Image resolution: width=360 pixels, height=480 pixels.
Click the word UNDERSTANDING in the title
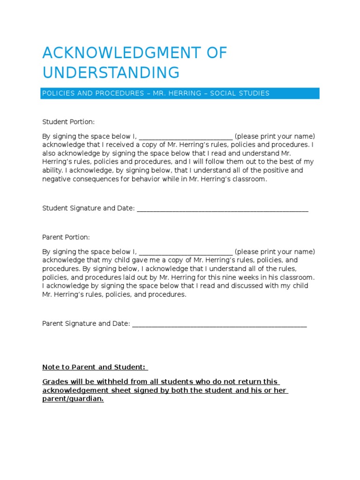click(111, 73)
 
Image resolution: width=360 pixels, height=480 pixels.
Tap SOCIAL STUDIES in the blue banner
click(240, 93)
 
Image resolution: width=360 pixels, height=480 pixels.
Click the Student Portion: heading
click(68, 122)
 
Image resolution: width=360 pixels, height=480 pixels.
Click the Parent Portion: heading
click(66, 237)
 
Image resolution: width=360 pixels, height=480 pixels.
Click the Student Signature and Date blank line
click(222, 209)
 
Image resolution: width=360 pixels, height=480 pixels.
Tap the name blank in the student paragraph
click(186, 136)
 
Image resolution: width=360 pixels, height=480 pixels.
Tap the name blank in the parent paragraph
click(186, 252)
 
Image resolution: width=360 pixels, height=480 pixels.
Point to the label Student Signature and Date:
click(89, 209)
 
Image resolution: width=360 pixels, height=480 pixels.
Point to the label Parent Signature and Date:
click(86, 324)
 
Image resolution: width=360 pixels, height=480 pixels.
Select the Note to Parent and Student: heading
click(94, 367)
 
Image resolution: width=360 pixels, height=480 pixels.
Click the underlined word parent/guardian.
click(73, 399)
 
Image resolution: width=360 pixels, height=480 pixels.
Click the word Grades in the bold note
click(54, 382)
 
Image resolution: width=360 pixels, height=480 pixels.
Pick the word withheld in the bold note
click(106, 382)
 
